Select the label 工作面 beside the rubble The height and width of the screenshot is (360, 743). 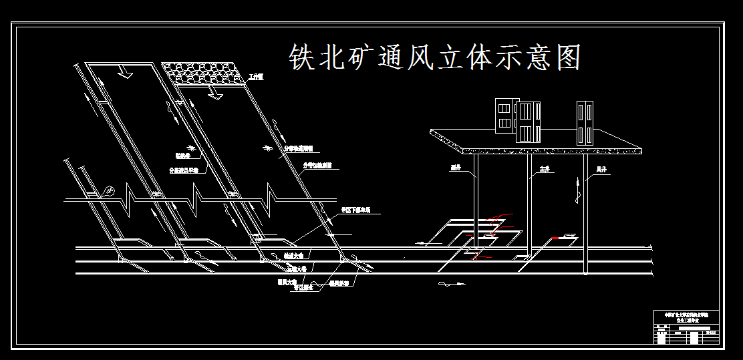pyautogui.click(x=256, y=77)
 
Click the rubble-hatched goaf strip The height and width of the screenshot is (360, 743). pyautogui.click(x=203, y=73)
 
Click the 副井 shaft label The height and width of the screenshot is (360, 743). pyautogui.click(x=456, y=168)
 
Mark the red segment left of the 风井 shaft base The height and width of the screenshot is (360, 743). pyautogui.click(x=557, y=238)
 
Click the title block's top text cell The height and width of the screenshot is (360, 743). pyautogui.click(x=686, y=317)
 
